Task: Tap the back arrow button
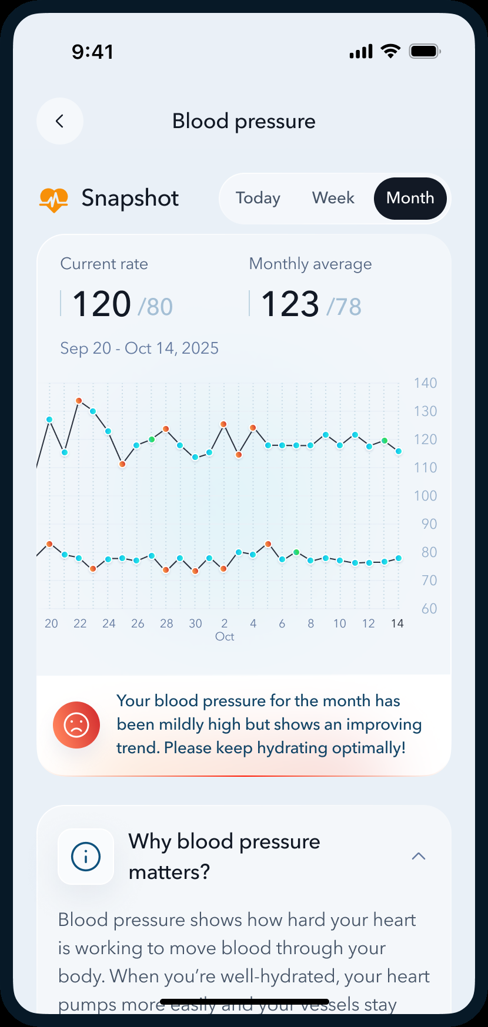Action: coord(59,121)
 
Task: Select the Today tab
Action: coord(258,198)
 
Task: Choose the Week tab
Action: coord(333,198)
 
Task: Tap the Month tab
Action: coord(410,198)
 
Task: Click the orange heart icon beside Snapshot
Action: coord(54,199)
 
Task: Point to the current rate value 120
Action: coord(102,304)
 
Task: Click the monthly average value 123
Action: coord(290,304)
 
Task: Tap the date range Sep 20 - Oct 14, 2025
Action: coord(139,348)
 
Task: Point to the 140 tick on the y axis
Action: coord(425,383)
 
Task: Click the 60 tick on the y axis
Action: coord(429,609)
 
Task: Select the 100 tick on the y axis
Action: coord(425,496)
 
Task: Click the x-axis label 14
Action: coord(397,623)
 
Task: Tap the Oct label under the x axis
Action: coord(225,637)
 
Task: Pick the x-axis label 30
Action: coord(195,623)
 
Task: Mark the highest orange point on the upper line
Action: coord(79,401)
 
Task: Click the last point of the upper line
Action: coord(399,451)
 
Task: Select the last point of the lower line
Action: coord(399,558)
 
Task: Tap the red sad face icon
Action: coord(76,725)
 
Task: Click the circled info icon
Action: coord(86,857)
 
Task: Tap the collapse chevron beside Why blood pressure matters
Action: coord(419,856)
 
